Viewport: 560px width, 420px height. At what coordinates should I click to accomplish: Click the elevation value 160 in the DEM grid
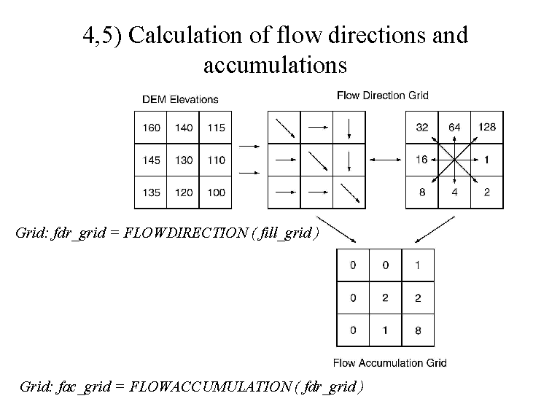coord(151,128)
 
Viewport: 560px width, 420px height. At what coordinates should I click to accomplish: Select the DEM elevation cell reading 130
coord(184,160)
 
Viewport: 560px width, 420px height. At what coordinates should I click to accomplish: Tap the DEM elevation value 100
coord(217,192)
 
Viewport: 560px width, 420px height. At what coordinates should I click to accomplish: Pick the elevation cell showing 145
coord(151,160)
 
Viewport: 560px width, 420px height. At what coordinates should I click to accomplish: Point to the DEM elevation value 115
coord(217,128)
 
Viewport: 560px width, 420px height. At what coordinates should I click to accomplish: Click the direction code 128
coord(487,127)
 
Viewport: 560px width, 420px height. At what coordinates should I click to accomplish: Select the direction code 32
coord(422,127)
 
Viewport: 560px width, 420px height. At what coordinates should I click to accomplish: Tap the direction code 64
coord(454,127)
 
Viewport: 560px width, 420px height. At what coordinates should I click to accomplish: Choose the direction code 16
coord(421,160)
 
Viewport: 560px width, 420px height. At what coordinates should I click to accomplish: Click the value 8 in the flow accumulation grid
coord(417,330)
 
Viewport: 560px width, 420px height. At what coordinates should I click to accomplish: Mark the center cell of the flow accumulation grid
coord(385,297)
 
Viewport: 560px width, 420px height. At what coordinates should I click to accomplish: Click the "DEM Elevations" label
coord(180,99)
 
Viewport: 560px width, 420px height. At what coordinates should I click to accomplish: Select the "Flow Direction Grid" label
coord(382,95)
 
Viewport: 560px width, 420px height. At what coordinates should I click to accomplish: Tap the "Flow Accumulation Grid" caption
coord(389,362)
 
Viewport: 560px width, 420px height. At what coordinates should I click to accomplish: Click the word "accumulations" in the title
coord(275,66)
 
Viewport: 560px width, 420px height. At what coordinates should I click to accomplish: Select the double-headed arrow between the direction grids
coord(385,160)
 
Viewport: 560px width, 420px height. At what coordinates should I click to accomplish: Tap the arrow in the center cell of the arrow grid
coord(316,160)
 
